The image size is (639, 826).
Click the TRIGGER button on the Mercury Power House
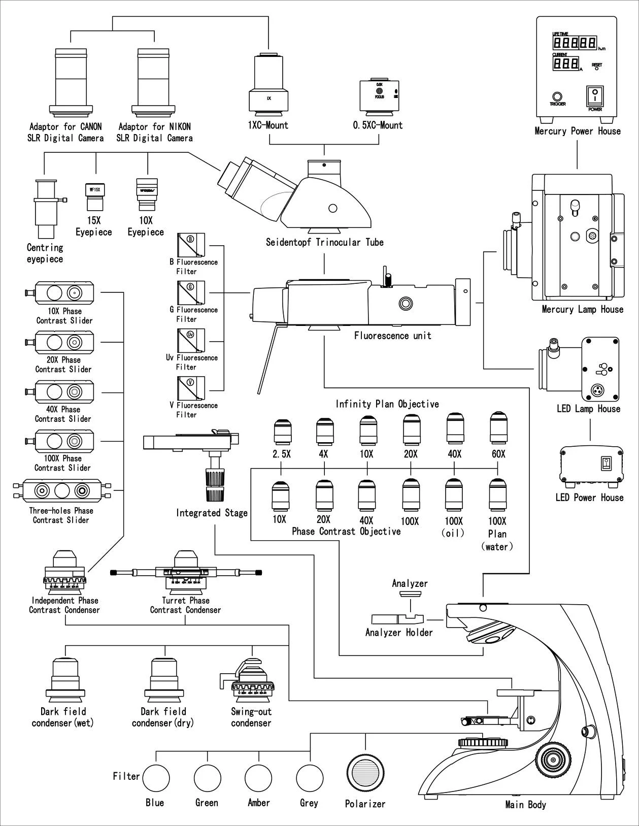tap(557, 96)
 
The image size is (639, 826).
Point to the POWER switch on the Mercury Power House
tap(594, 96)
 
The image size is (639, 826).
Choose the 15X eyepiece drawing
tap(94, 196)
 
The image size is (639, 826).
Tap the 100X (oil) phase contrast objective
tap(454, 494)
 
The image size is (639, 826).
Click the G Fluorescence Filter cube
tap(191, 292)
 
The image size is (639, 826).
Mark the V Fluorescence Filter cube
tap(191, 388)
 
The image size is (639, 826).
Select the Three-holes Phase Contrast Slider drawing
tap(61, 491)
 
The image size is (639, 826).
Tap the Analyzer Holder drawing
tap(398, 619)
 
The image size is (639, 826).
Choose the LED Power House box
tap(591, 465)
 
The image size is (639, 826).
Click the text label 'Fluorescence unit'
tap(392, 336)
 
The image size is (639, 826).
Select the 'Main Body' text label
tap(525, 805)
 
